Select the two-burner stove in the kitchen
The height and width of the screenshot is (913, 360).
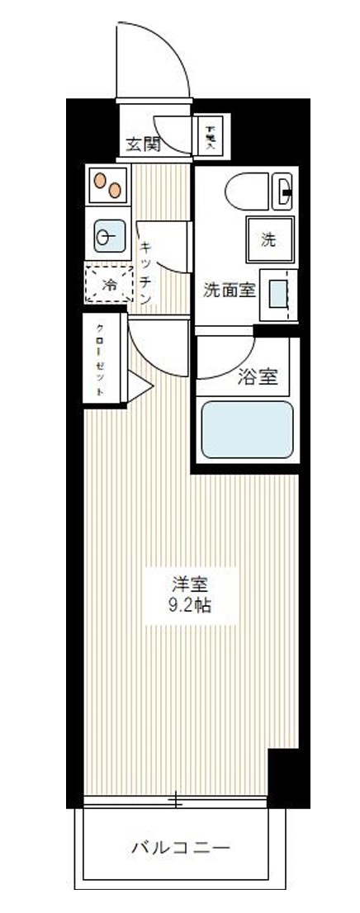coord(109,185)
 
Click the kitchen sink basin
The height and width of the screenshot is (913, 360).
coord(109,238)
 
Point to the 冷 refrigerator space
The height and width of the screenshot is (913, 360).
coord(109,284)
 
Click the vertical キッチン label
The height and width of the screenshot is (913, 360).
coord(144,272)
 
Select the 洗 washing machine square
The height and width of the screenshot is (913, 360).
coord(268,240)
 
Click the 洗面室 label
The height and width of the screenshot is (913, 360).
coord(230,290)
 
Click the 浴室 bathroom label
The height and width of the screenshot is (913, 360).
coord(257,377)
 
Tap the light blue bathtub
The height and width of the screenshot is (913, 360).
coord(248,429)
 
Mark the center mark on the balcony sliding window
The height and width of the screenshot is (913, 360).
coord(176,801)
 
